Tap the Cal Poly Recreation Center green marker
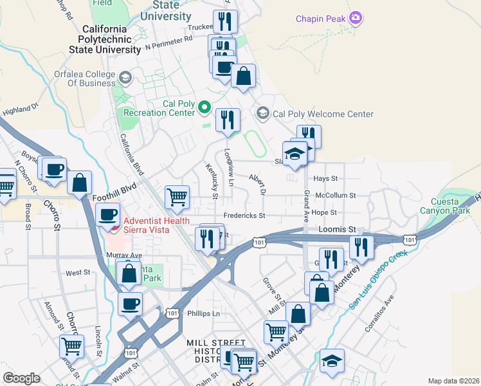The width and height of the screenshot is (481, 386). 204,107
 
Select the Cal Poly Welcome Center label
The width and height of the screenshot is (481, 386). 323,114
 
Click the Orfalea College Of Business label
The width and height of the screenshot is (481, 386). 84,78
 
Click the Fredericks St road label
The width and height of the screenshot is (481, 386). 244,216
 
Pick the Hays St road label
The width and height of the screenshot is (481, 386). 325,178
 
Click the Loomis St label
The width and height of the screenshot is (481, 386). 338,229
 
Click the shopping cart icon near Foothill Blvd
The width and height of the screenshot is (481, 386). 177,196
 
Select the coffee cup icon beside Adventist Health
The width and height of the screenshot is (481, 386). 107,214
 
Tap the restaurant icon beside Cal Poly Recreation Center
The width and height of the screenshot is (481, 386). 227,119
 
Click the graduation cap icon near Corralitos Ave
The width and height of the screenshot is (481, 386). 332,360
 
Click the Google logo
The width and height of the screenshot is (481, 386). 21,378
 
